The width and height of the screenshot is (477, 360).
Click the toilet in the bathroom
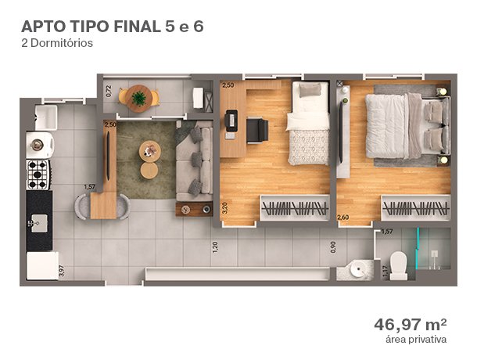click(x=399, y=265)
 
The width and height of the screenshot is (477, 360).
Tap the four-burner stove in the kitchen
click(x=38, y=175)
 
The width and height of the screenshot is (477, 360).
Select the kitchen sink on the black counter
click(x=39, y=223)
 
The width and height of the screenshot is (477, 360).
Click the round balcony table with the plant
click(x=139, y=99)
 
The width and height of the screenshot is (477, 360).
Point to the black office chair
click(x=257, y=130)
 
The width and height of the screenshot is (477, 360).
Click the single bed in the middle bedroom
click(x=308, y=124)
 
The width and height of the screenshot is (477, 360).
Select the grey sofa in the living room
click(x=194, y=160)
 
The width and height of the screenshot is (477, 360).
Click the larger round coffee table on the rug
click(x=150, y=151)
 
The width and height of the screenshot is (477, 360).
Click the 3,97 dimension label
click(x=62, y=271)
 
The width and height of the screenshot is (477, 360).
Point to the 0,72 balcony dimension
click(x=109, y=91)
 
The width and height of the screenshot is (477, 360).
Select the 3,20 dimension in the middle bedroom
click(x=224, y=208)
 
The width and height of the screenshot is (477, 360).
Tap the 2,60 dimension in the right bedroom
click(x=343, y=218)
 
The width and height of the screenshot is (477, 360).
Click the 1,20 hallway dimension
click(x=215, y=247)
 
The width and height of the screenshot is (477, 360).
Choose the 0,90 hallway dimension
click(x=333, y=247)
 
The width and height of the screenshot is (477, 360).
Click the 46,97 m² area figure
click(x=411, y=325)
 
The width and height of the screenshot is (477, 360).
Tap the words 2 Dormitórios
click(x=57, y=43)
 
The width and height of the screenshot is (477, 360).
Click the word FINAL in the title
click(x=137, y=27)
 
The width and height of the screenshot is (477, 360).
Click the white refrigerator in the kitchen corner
click(x=42, y=265)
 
